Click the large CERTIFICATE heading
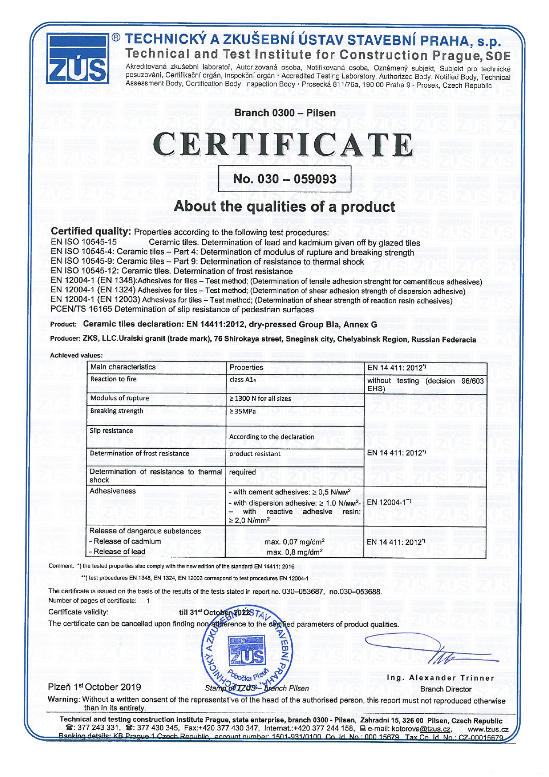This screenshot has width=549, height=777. (x=283, y=144)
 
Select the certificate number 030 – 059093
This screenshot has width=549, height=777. (x=285, y=179)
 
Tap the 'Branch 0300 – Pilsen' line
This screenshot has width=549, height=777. (x=285, y=113)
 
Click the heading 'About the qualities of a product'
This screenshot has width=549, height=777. (x=284, y=206)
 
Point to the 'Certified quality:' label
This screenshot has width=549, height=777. (x=91, y=231)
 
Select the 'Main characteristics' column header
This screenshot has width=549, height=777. (x=123, y=367)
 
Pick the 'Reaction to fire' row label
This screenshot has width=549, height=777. (x=113, y=379)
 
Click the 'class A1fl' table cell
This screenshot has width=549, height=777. (x=243, y=380)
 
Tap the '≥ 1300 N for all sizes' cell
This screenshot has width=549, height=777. (x=260, y=399)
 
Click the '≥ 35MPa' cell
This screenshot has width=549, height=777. (x=243, y=412)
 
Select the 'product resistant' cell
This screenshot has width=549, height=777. (x=255, y=454)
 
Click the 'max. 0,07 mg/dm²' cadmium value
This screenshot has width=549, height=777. (x=294, y=542)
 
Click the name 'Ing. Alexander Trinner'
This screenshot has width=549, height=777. (x=441, y=678)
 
